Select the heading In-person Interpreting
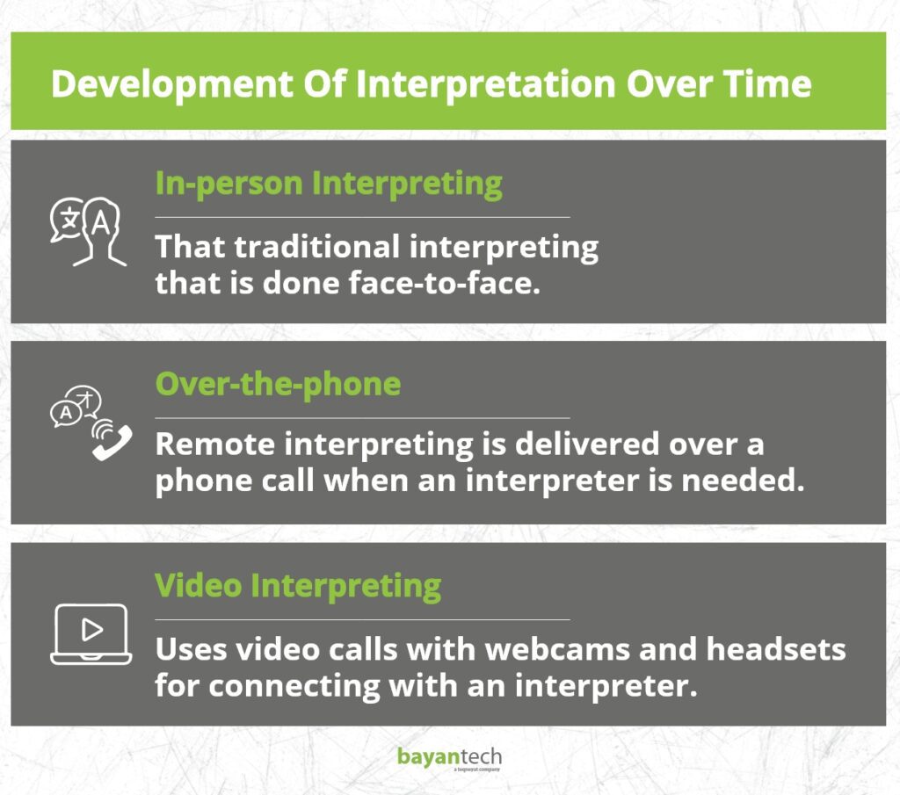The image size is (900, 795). point(329,184)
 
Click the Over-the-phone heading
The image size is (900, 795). point(278,384)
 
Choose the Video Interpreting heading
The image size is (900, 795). point(298,585)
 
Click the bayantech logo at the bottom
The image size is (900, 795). point(449,758)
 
